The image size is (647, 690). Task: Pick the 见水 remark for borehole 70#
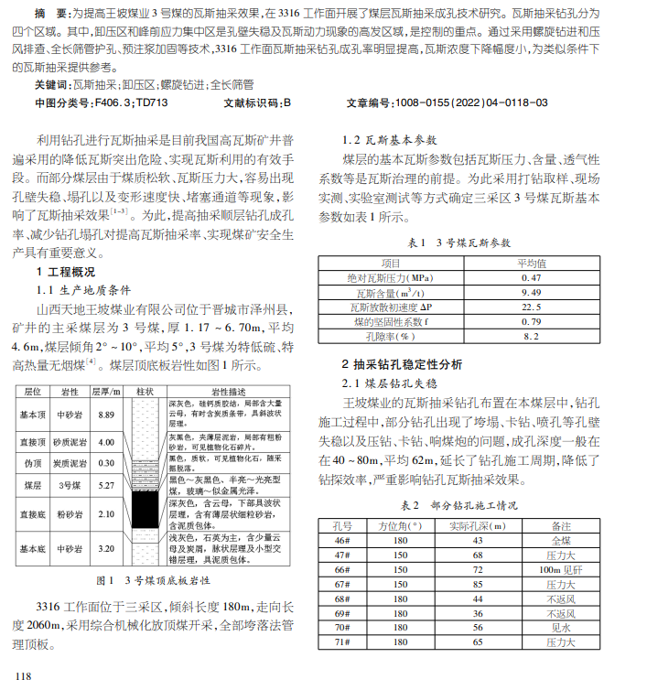[559, 628]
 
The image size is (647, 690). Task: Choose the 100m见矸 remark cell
[559, 569]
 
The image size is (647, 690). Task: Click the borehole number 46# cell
[342, 540]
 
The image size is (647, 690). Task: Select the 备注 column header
[559, 525]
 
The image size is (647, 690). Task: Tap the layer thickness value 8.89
[105, 415]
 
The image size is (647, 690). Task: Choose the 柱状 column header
[144, 392]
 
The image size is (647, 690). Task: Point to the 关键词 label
[51, 84]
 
